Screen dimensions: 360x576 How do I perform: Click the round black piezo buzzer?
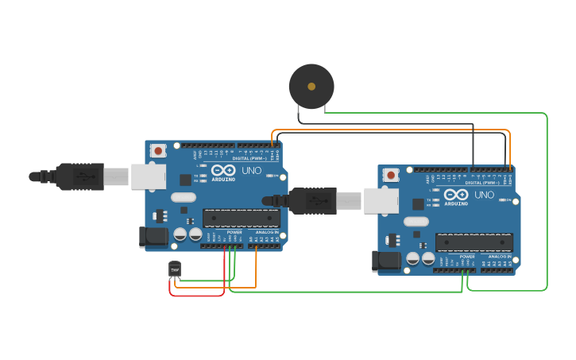311,87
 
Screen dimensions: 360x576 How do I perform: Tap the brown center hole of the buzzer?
311,86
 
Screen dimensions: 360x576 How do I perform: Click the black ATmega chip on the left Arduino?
241,218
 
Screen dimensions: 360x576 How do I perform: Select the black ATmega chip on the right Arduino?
474,242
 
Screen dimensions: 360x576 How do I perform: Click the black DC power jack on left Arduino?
153,237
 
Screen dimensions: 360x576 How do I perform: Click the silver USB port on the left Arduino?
149,176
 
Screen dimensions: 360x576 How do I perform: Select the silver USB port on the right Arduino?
381,201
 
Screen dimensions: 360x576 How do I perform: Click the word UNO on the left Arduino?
251,170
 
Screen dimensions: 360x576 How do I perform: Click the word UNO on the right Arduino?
484,194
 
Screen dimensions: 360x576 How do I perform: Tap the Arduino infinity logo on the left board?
223,169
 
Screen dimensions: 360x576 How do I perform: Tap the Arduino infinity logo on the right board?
456,193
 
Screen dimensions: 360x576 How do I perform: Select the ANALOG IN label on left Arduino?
267,232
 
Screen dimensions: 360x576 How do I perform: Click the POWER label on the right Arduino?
467,256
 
